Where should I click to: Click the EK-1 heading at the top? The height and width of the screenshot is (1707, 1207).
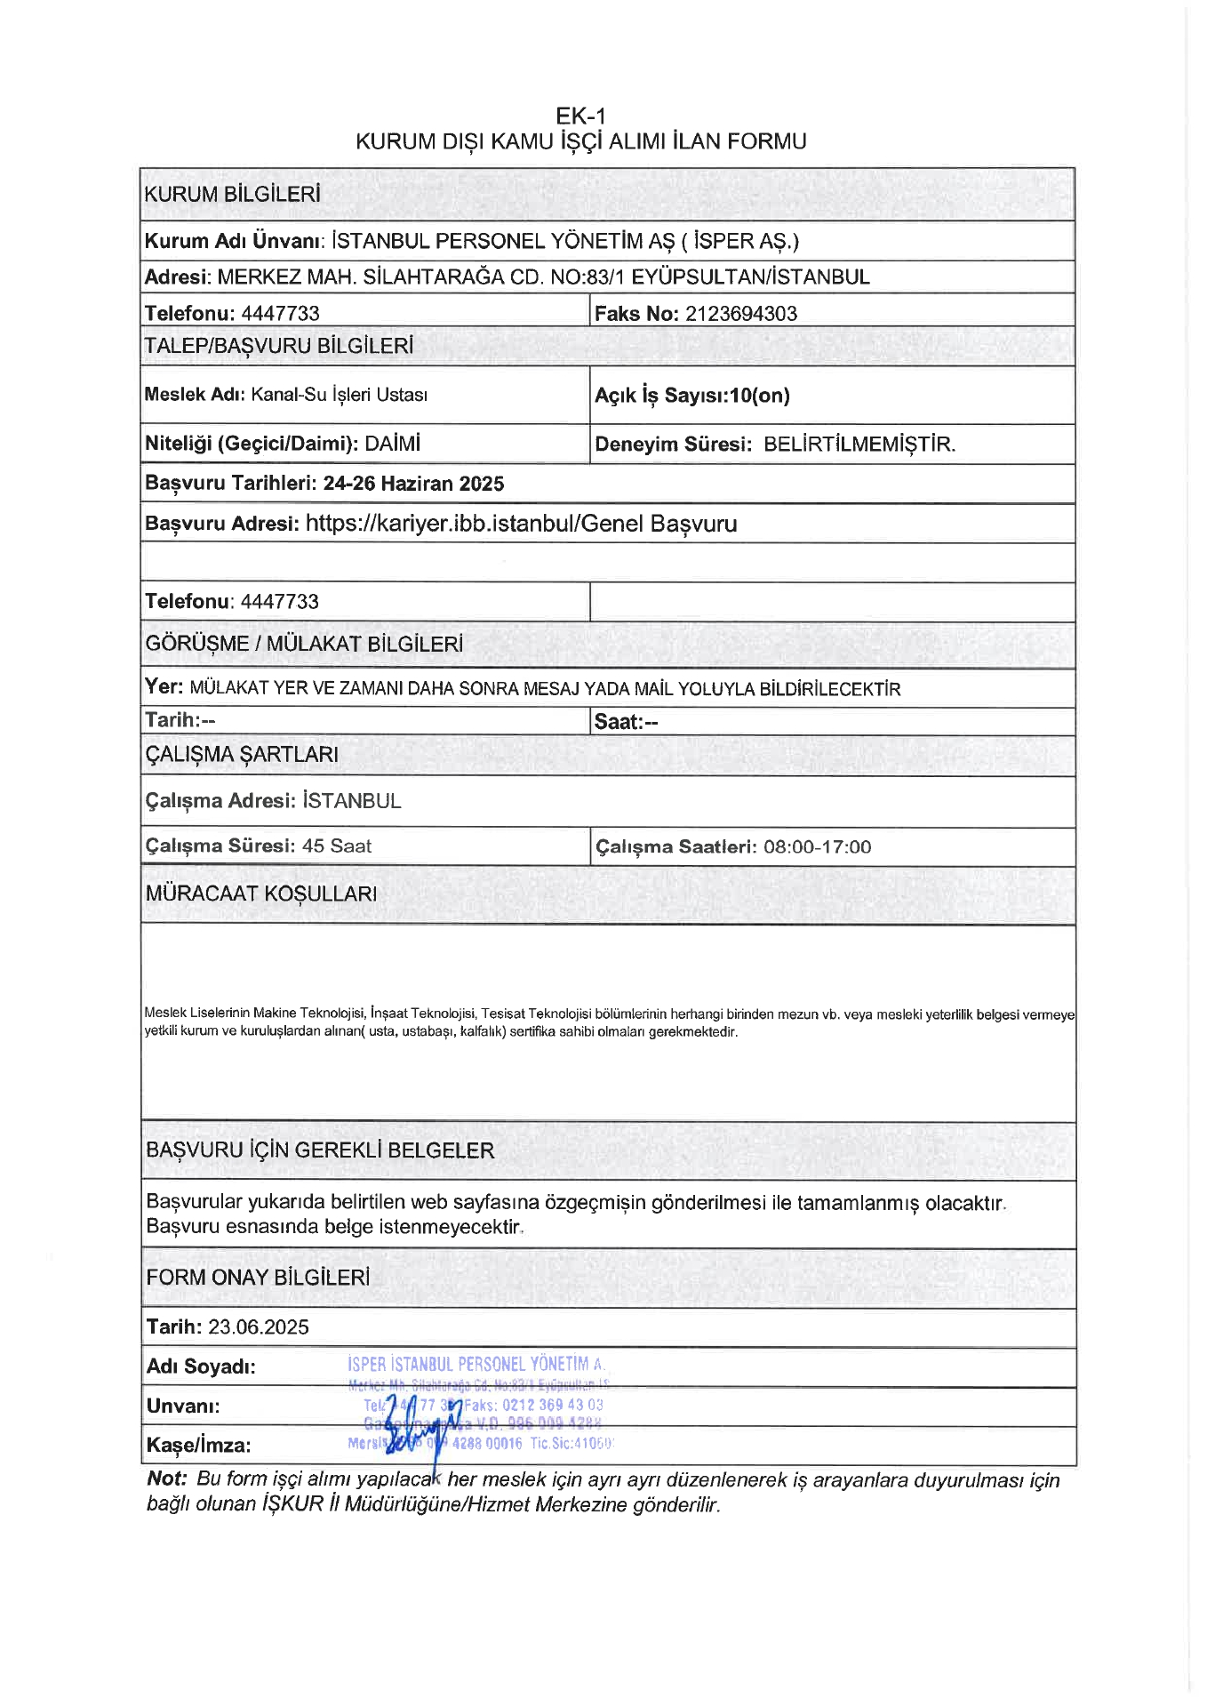pyautogui.click(x=580, y=116)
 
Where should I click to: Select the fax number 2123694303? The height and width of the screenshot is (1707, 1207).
pyautogui.click(x=740, y=313)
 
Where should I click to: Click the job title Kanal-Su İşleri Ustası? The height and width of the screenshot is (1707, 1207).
pyautogui.click(x=339, y=395)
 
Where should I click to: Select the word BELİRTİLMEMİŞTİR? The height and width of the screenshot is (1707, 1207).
pyautogui.click(x=859, y=445)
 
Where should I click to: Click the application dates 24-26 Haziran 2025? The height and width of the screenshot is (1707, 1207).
pyautogui.click(x=413, y=484)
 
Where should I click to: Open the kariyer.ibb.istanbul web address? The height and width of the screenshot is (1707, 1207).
pyautogui.click(x=521, y=524)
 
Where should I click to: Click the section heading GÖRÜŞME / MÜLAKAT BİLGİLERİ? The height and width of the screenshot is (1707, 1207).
pyautogui.click(x=304, y=644)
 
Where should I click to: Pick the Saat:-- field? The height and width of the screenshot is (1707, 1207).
pyautogui.click(x=626, y=722)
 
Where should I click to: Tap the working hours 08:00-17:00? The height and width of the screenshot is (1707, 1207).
pyautogui.click(x=817, y=846)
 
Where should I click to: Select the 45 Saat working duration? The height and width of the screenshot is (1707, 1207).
pyautogui.click(x=337, y=845)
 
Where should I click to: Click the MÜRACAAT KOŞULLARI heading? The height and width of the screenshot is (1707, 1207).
pyautogui.click(x=261, y=894)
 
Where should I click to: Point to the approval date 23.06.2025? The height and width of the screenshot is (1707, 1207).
pyautogui.click(x=259, y=1326)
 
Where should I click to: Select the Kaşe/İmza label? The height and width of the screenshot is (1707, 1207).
pyautogui.click(x=198, y=1445)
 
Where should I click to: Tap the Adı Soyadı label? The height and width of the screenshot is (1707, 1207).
pyautogui.click(x=201, y=1366)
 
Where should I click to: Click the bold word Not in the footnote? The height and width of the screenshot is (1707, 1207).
pyautogui.click(x=166, y=1479)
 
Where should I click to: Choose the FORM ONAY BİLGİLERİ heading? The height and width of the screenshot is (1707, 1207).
pyautogui.click(x=258, y=1277)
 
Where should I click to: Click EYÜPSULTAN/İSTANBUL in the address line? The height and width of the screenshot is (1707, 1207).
pyautogui.click(x=750, y=276)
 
